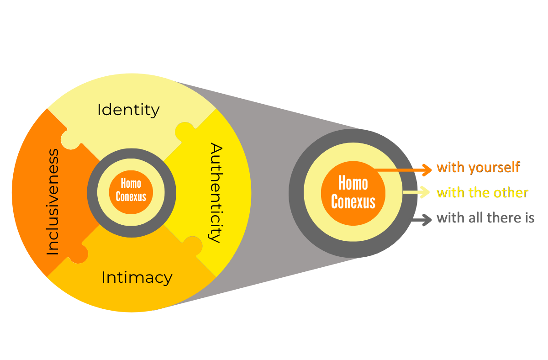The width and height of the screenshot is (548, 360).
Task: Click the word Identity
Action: click(128, 110)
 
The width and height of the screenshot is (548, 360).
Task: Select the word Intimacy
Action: click(137, 277)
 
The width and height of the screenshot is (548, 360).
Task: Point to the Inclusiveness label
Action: click(53, 201)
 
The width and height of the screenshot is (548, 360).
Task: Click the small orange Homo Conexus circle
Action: click(131, 190)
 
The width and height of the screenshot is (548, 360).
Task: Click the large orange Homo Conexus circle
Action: click(353, 192)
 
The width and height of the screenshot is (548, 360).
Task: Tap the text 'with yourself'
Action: click(478, 167)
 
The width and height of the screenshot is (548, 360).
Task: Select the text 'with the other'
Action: click(482, 193)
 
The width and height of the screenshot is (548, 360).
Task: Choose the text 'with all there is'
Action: click(485, 218)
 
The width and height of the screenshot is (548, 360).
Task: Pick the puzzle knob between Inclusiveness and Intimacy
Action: click(79, 254)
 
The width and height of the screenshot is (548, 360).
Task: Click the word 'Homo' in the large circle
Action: click(353, 184)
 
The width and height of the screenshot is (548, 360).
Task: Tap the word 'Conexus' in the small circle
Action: click(131, 197)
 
